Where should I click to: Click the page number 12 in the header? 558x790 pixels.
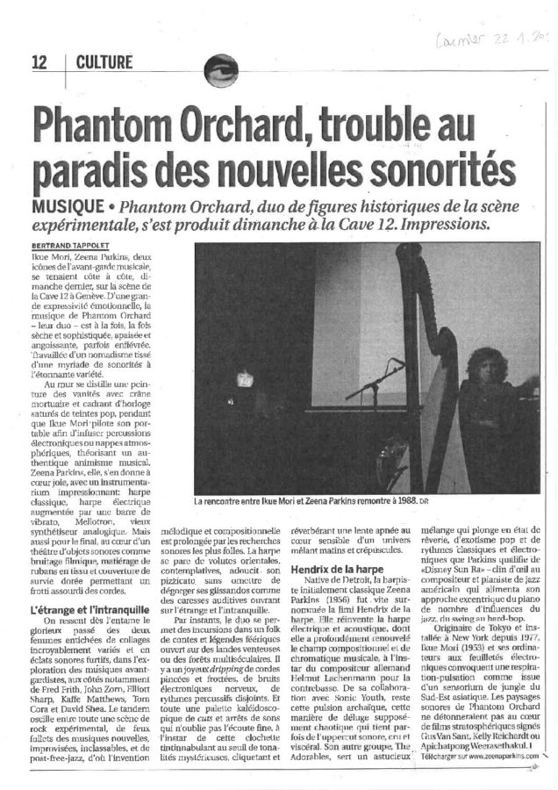pyautogui.click(x=39, y=61)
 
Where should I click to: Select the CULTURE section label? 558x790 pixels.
pyautogui.click(x=104, y=61)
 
